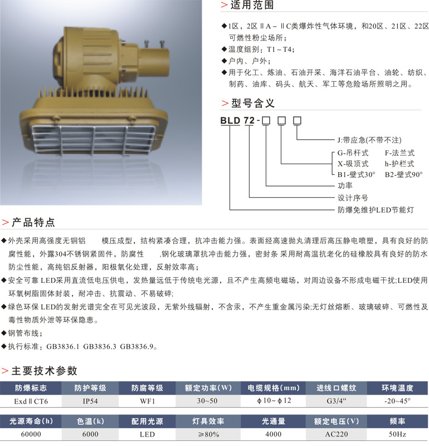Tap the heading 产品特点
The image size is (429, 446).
(33, 223)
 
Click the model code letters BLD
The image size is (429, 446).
(230, 120)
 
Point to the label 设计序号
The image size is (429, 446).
(353, 198)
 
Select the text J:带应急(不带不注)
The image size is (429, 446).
(369, 140)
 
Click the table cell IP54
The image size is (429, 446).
(90, 400)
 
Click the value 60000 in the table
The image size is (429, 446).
(31, 433)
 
